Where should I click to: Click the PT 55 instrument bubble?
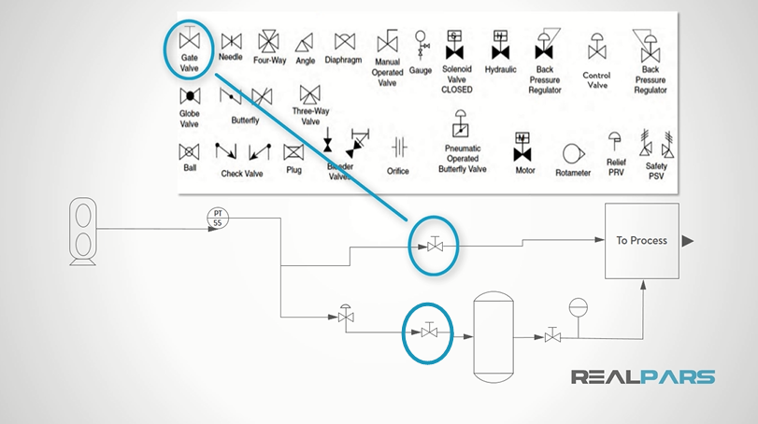(x=218, y=219)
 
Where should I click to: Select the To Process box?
(x=642, y=241)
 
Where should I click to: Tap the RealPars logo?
(x=644, y=377)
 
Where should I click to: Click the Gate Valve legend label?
(x=190, y=63)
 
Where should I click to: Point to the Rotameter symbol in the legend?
(x=573, y=152)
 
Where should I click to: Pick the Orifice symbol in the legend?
(x=398, y=148)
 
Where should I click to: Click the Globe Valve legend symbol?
(x=190, y=96)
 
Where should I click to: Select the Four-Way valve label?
(x=269, y=60)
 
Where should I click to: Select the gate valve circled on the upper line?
(x=435, y=246)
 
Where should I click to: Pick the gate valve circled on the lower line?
(x=429, y=332)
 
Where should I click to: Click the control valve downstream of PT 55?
(x=347, y=317)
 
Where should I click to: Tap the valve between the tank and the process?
(x=552, y=334)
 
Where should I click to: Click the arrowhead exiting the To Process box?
(x=688, y=241)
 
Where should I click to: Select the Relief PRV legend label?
(x=615, y=165)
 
